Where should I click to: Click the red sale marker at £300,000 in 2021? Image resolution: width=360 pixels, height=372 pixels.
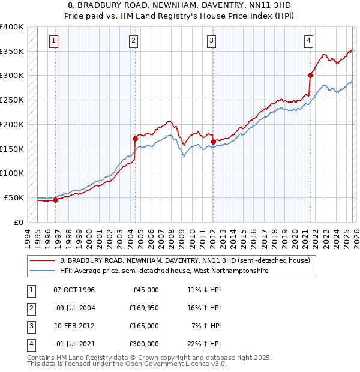(311, 75)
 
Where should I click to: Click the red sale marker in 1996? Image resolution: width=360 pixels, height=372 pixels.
(56, 200)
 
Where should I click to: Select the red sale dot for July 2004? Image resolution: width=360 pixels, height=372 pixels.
(135, 139)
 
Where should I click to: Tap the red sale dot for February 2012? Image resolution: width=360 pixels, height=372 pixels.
(213, 142)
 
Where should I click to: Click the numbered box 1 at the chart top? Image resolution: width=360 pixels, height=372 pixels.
(53, 41)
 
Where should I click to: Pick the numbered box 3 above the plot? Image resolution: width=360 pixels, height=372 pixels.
(212, 41)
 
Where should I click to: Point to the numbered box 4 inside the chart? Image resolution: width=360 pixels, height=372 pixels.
(308, 41)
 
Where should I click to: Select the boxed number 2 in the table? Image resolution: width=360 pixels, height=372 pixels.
(30, 308)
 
